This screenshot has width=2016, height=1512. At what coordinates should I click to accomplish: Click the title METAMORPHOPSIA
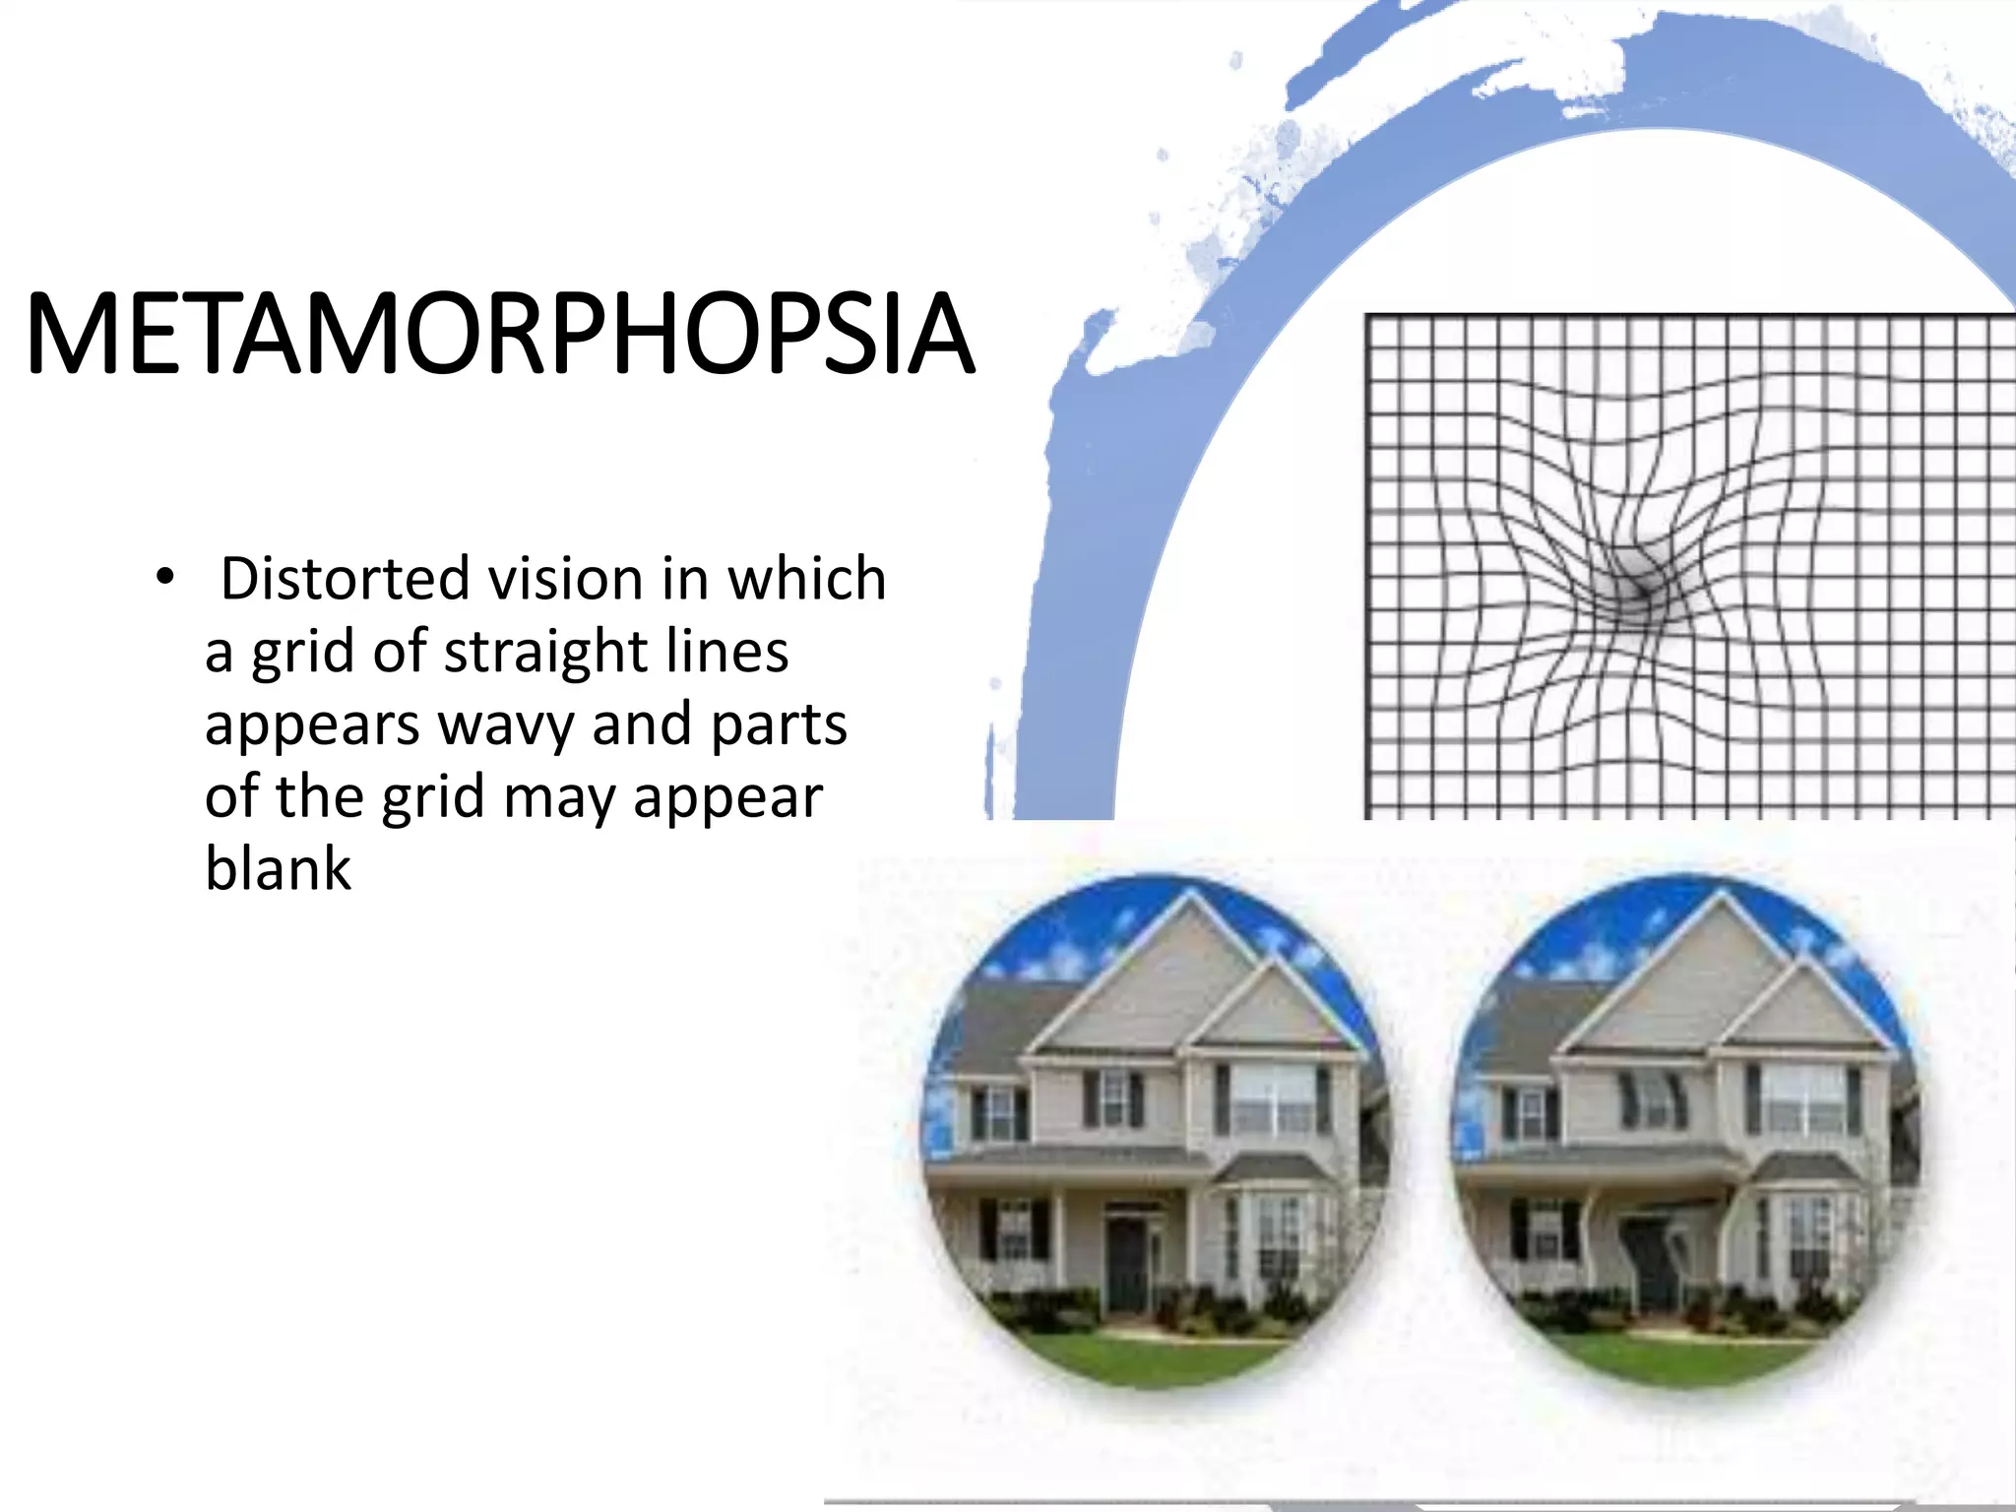point(500,335)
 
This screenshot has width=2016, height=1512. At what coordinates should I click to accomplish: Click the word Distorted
point(345,578)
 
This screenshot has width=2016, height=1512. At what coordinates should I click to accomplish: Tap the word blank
point(278,869)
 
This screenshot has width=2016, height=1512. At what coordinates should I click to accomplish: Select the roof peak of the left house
point(1192,896)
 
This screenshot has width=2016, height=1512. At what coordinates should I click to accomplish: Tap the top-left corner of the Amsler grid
point(1369,318)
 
